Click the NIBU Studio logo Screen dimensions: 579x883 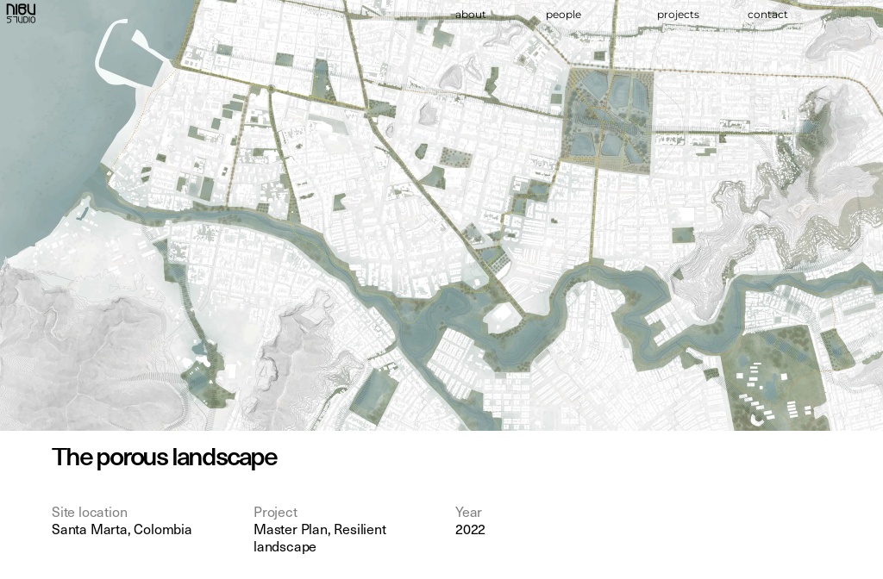click(21, 14)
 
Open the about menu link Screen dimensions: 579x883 click(470, 15)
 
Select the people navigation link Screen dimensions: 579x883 click(563, 15)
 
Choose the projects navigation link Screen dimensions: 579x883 click(678, 15)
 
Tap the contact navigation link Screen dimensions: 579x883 click(767, 15)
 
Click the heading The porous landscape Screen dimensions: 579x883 click(164, 458)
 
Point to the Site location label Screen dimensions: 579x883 click(90, 512)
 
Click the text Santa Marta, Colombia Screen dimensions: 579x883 click(122, 529)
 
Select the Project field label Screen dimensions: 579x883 click(275, 512)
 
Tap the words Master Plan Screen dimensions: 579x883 click(290, 529)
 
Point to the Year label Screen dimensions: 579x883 click(468, 512)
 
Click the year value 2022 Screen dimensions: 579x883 click(470, 529)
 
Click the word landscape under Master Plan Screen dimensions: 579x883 click(285, 546)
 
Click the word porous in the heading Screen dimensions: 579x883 click(132, 458)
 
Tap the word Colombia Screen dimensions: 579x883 click(163, 529)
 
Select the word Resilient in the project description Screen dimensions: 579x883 click(360, 529)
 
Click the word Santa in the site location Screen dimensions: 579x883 click(69, 529)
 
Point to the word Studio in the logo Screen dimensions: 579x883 click(21, 20)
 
